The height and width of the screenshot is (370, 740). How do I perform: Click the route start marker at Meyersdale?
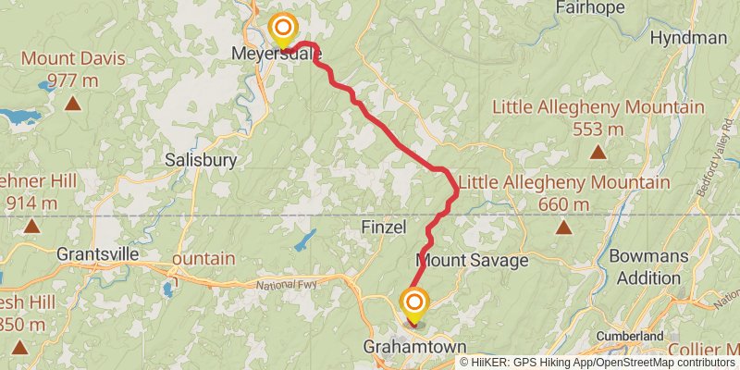(x=282, y=29)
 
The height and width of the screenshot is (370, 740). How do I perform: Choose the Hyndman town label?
(x=688, y=38)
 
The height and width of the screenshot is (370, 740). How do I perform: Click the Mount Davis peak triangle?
(x=72, y=103)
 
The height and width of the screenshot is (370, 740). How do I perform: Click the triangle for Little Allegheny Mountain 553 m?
(x=598, y=152)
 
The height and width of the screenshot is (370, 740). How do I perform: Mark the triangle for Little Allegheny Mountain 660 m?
(x=564, y=227)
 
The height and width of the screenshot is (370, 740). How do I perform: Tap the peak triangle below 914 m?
(x=31, y=226)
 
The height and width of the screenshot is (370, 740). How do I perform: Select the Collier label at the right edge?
(x=714, y=349)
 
